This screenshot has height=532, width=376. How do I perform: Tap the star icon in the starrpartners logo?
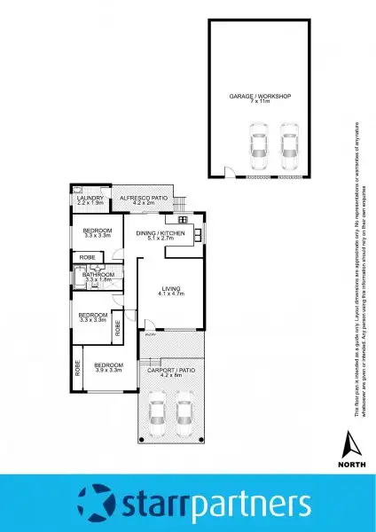(x=95, y=503)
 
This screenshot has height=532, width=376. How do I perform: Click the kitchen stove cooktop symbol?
(x=182, y=219)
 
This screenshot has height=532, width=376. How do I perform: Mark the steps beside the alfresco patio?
(x=185, y=198)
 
